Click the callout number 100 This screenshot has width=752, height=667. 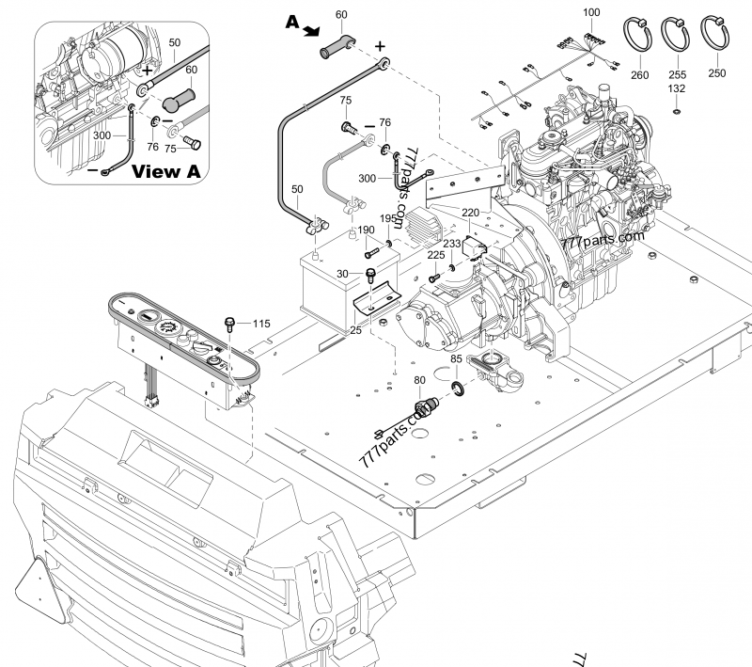point(590,12)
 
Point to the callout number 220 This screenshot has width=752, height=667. point(470,213)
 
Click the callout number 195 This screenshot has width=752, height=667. point(388,219)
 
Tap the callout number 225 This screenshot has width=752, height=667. point(436,254)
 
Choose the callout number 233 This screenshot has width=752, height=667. point(452,243)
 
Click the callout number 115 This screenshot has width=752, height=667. point(261,324)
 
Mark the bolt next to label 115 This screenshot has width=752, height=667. point(229,325)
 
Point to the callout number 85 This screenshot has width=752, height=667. point(456,358)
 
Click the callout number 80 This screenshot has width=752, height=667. point(418,380)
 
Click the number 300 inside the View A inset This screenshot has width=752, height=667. point(103,135)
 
